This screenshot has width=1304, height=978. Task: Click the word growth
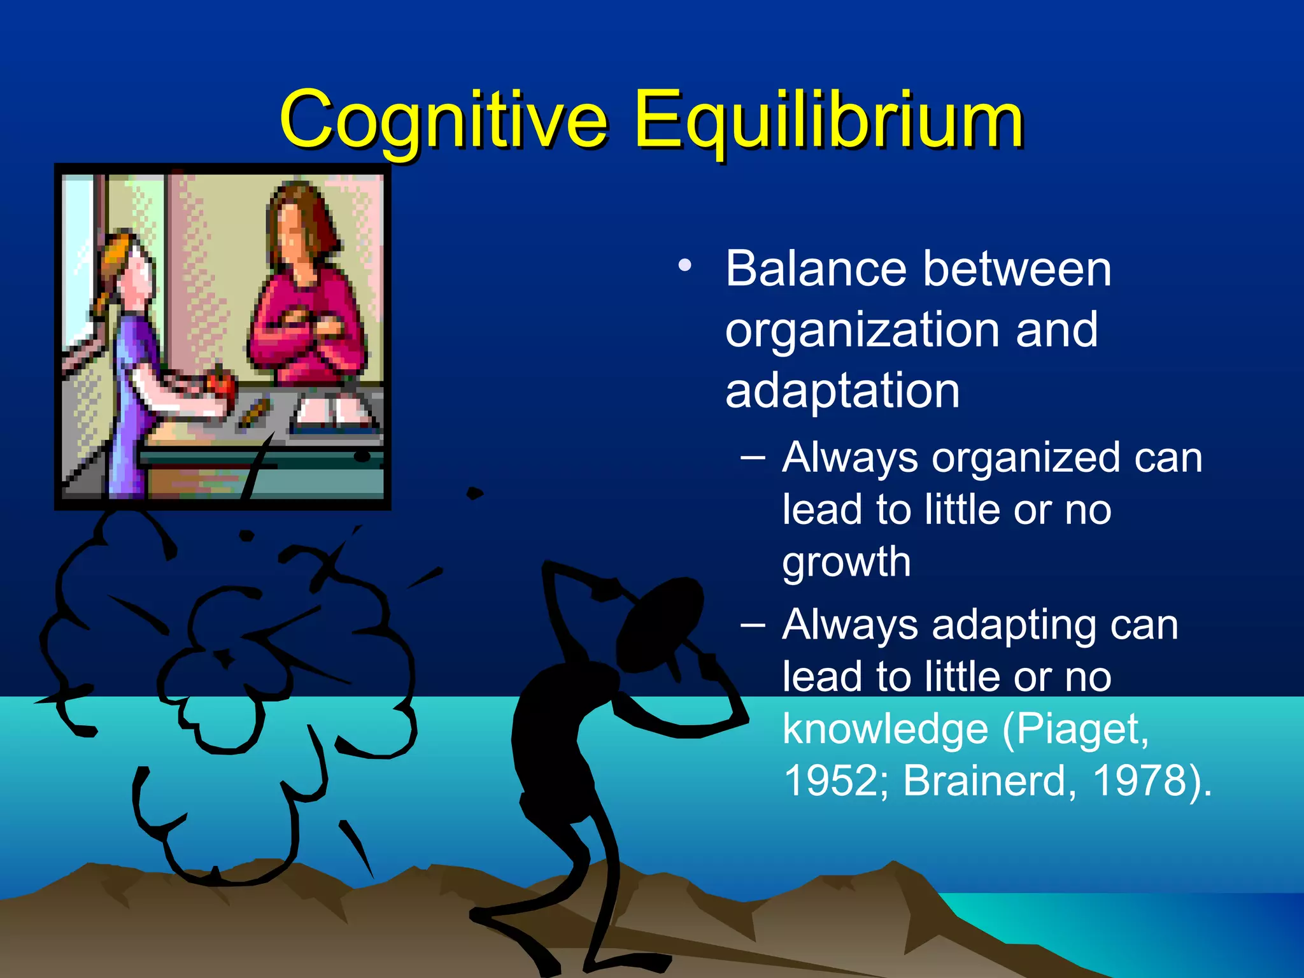pos(846,562)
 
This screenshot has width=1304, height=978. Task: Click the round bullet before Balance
pos(684,265)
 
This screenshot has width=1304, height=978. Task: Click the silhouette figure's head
pos(659,621)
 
